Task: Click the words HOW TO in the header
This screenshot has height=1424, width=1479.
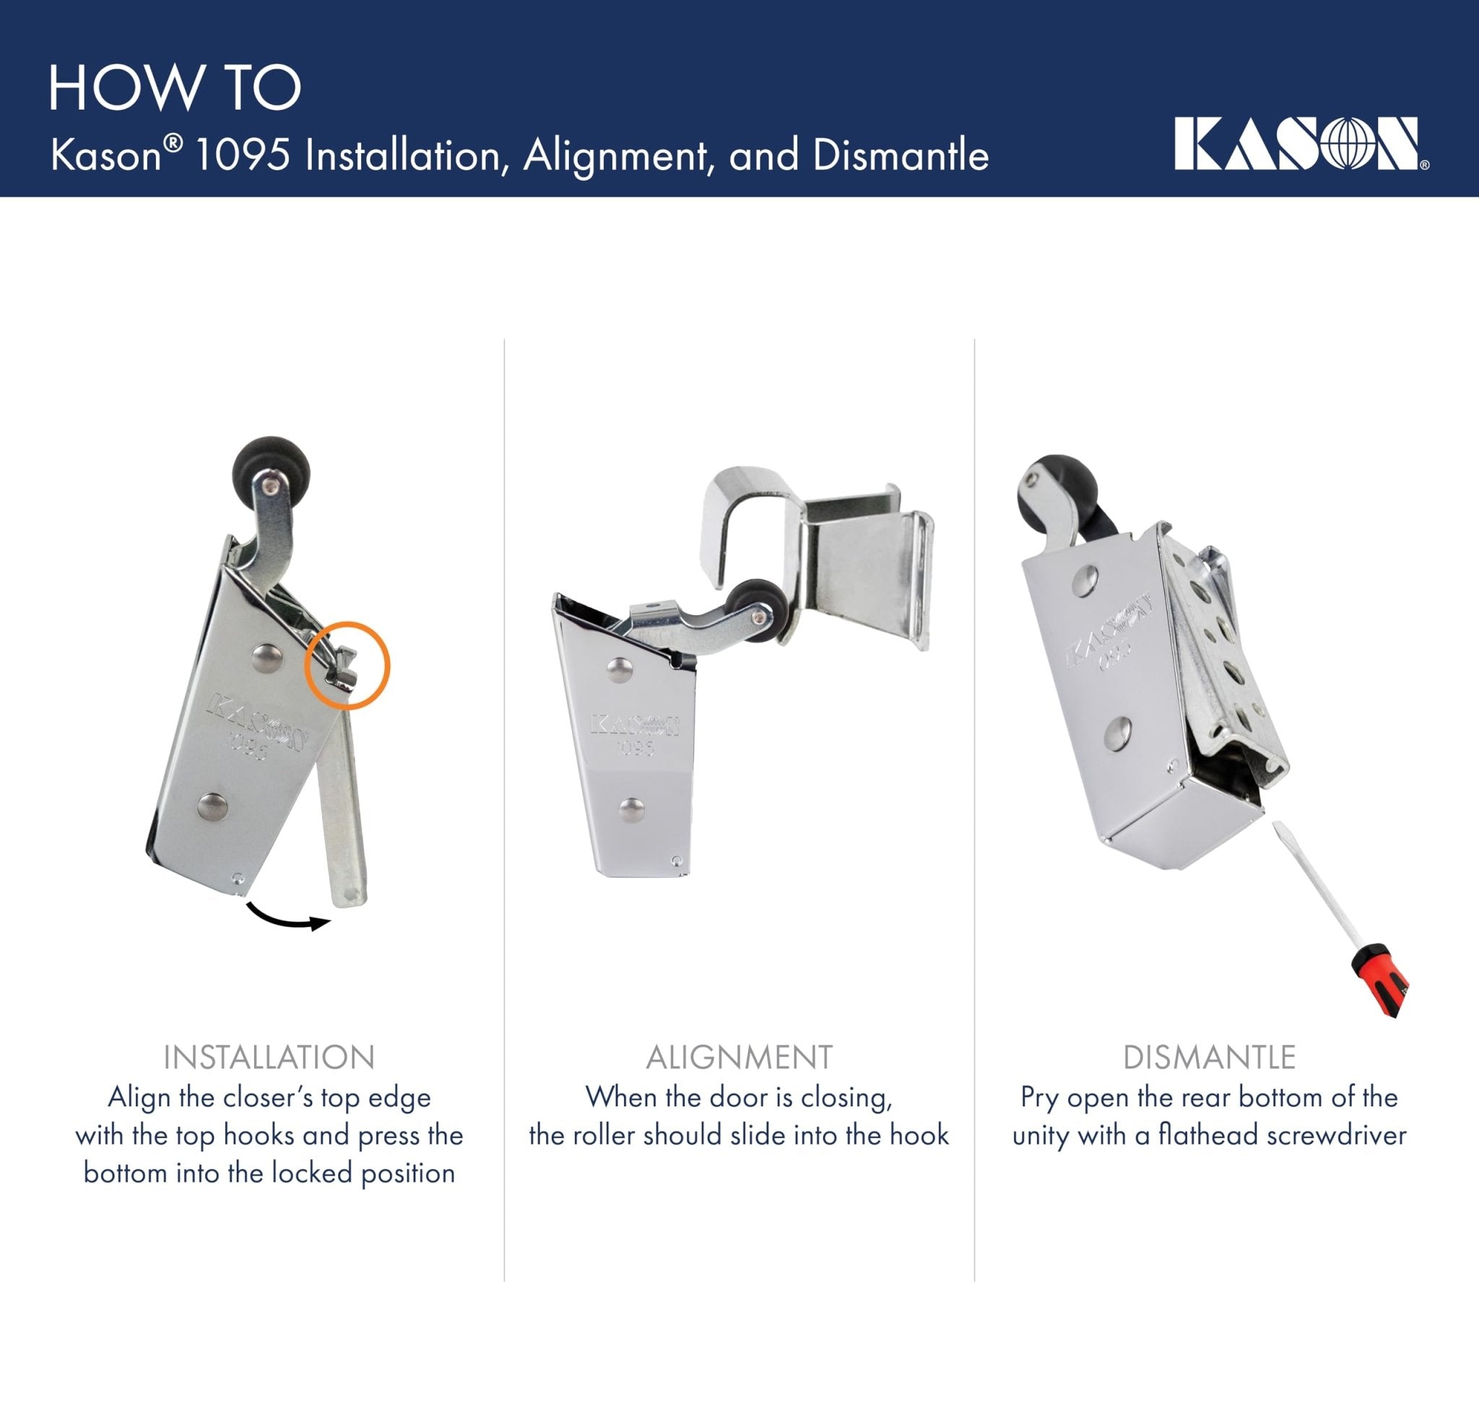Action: (x=175, y=88)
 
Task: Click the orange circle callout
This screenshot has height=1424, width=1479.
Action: (x=347, y=666)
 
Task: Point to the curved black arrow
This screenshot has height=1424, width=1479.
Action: (x=288, y=919)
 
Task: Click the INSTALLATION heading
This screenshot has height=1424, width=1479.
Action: (x=269, y=1057)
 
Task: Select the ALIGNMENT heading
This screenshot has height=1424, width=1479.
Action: (x=739, y=1057)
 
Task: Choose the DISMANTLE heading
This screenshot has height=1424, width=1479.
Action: (x=1209, y=1057)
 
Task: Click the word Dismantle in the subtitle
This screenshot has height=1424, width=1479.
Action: (x=901, y=155)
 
